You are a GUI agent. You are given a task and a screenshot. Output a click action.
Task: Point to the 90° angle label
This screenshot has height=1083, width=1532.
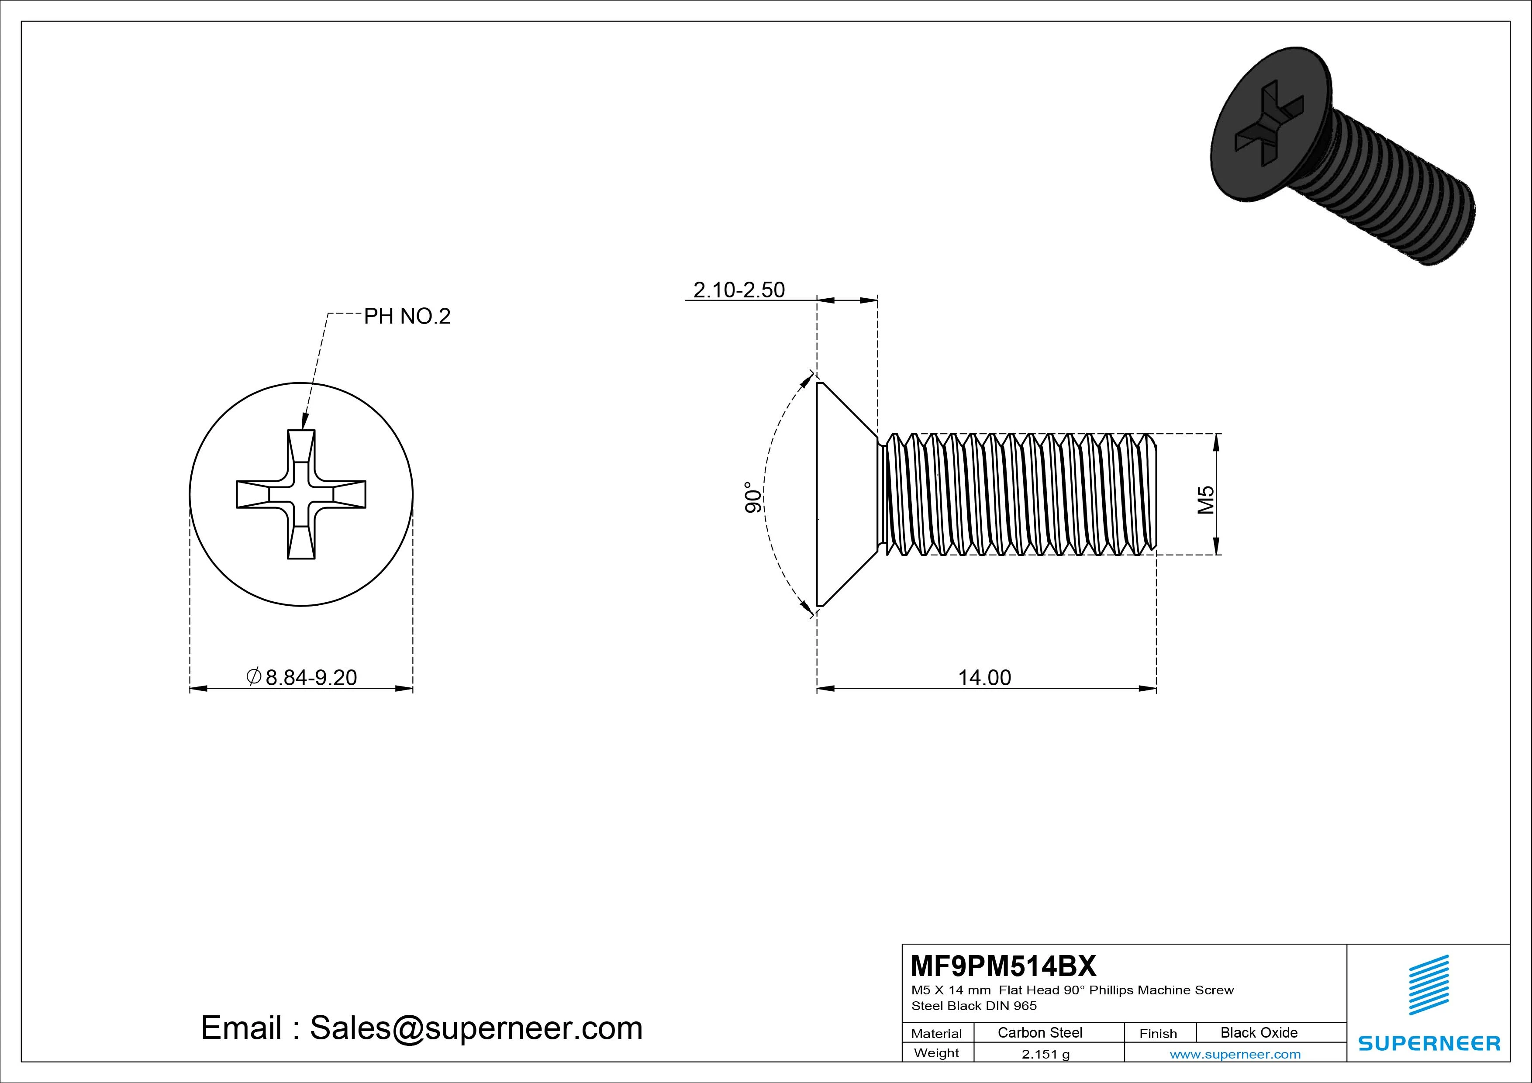tap(752, 497)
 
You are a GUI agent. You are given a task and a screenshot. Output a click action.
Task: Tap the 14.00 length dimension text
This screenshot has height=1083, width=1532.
tap(984, 678)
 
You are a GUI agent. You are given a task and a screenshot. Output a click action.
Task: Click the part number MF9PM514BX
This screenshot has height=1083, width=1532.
tap(1003, 966)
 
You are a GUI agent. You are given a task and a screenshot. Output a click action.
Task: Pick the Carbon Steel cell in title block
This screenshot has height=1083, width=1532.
tap(1039, 1032)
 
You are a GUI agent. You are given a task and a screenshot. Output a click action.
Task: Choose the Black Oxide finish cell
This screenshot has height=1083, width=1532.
tap(1259, 1032)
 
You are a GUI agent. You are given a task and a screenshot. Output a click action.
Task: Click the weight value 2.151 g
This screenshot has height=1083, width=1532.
tap(1045, 1054)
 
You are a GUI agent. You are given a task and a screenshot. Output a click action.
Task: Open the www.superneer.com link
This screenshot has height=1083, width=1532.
tap(1235, 1054)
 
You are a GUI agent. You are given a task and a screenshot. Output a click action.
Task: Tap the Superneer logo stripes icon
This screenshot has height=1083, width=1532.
tap(1428, 985)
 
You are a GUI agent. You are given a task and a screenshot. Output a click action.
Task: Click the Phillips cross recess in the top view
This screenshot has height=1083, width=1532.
tap(301, 494)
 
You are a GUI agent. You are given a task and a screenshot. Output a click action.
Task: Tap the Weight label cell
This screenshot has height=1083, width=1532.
tap(936, 1053)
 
